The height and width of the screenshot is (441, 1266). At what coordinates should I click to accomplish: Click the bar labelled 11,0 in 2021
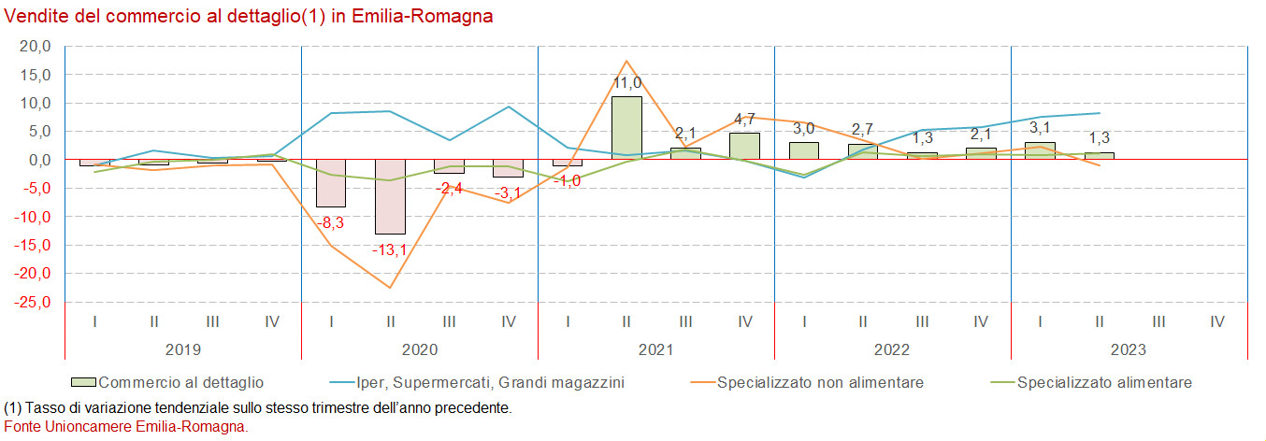[x=626, y=128]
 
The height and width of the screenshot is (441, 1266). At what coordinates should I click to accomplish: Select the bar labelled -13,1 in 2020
[x=390, y=197]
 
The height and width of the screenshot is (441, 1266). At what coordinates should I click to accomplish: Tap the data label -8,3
[x=331, y=223]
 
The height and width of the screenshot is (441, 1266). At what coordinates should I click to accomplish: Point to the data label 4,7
[x=744, y=119]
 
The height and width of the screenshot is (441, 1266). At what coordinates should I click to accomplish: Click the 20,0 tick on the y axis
[x=35, y=46]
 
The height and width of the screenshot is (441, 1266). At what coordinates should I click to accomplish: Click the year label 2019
[x=183, y=350]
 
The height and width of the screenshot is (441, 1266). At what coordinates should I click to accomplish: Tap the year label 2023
[x=1129, y=350]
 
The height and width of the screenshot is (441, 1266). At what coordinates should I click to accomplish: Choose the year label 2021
[x=655, y=350]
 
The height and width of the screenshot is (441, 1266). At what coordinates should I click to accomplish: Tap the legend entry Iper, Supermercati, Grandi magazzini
[x=490, y=382]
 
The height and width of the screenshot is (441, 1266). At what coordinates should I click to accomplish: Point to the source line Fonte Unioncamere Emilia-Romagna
[x=126, y=426]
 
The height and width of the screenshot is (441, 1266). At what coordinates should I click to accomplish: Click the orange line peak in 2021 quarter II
[x=626, y=61]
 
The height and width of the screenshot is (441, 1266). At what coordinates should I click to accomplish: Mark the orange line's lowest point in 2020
[x=390, y=288]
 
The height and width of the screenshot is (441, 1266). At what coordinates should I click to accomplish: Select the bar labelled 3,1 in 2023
[x=1040, y=150]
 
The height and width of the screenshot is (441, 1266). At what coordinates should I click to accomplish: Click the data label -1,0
[x=567, y=180]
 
